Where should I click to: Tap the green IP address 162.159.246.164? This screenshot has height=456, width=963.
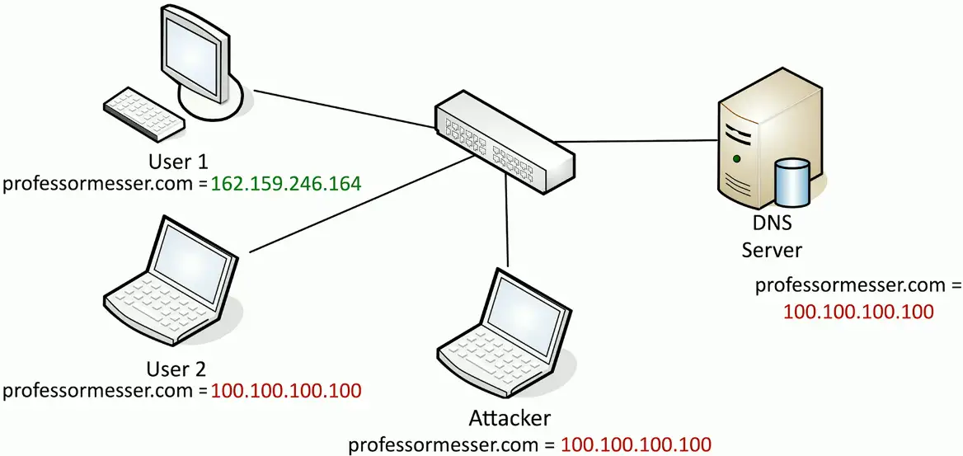click(286, 183)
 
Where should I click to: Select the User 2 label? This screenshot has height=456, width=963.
click(178, 368)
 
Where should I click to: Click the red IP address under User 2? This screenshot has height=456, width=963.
click(286, 390)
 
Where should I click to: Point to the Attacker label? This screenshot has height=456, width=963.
click(509, 419)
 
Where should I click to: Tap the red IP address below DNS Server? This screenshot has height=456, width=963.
click(857, 312)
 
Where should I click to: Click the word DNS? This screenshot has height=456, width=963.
click(772, 223)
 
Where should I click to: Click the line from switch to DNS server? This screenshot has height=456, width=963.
click(643, 140)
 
